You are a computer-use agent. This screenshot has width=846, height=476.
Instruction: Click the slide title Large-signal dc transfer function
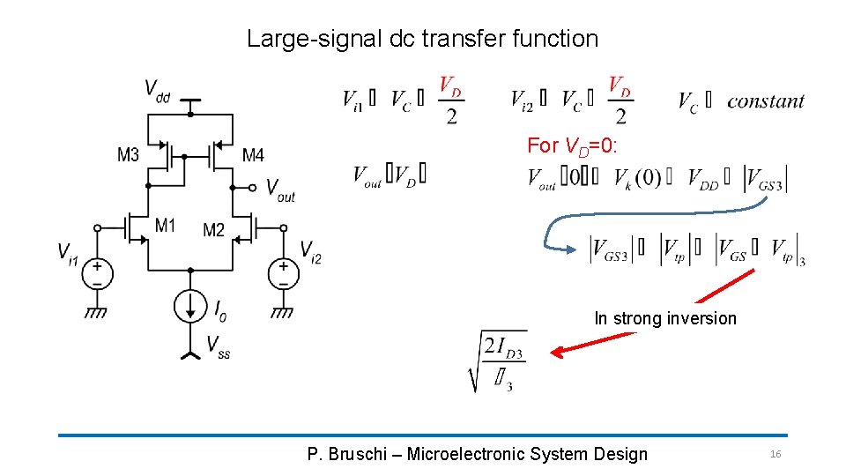422,39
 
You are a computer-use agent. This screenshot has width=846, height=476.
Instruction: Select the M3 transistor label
129,155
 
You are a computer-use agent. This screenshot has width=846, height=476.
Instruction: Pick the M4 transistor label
253,155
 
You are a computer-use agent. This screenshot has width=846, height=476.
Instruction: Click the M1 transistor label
166,225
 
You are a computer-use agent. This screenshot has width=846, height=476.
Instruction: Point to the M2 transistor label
214,230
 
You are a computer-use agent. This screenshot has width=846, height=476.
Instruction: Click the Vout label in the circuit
280,190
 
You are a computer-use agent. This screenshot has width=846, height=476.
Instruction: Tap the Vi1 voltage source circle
97,273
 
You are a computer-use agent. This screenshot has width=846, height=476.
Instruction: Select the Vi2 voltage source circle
284,273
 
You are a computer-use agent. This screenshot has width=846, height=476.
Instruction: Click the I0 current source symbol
190,307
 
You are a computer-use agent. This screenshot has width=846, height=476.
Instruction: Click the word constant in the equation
765,101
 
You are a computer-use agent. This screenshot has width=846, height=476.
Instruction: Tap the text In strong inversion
665,318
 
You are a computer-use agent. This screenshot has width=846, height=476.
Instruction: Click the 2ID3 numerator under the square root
503,350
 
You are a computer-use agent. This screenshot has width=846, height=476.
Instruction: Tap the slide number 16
775,454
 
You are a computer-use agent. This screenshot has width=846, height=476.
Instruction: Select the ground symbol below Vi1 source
97,310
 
